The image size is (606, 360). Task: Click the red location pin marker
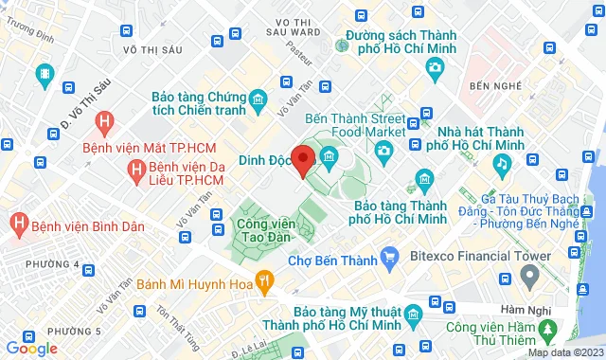pyautogui.click(x=303, y=162)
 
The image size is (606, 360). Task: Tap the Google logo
pyautogui.click(x=31, y=348)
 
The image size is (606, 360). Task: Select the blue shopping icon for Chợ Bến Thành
pyautogui.click(x=388, y=258)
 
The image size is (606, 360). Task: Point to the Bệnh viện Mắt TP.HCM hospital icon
pyautogui.click(x=105, y=121)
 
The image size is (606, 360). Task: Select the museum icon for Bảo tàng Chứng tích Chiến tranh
pyautogui.click(x=258, y=99)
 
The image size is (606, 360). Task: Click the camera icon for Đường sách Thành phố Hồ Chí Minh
pyautogui.click(x=435, y=67)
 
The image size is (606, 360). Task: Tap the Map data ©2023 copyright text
pyautogui.click(x=564, y=352)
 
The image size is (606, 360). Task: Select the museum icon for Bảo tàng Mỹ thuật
pyautogui.click(x=412, y=315)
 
